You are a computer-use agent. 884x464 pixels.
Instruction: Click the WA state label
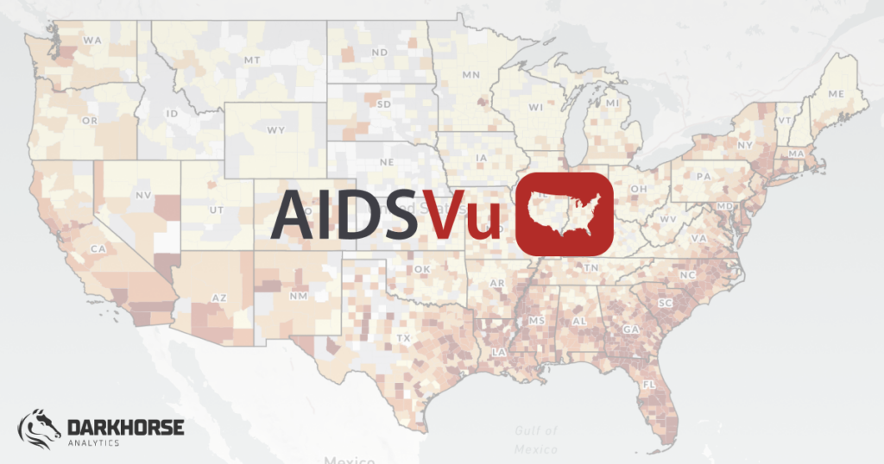pyautogui.click(x=92, y=40)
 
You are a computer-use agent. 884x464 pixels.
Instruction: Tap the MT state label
pyautogui.click(x=252, y=60)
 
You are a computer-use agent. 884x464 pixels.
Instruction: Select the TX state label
pyautogui.click(x=403, y=337)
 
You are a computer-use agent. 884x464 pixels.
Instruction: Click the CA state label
pyautogui.click(x=98, y=248)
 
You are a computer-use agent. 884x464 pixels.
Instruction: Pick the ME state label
pyautogui.click(x=835, y=93)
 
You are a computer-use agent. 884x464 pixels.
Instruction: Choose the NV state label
pyautogui.click(x=143, y=196)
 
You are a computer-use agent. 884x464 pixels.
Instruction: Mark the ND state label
pyautogui.click(x=379, y=53)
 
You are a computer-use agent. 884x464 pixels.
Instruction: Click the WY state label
pyautogui.click(x=275, y=130)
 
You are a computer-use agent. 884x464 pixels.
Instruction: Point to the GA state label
pyautogui.click(x=630, y=329)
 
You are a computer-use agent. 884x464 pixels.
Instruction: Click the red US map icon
pyautogui.click(x=564, y=214)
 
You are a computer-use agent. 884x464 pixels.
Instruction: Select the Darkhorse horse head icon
pyautogui.click(x=40, y=429)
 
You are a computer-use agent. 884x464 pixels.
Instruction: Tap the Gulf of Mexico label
pyautogui.click(x=535, y=440)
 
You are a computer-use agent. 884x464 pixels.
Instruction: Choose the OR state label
pyautogui.click(x=90, y=122)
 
